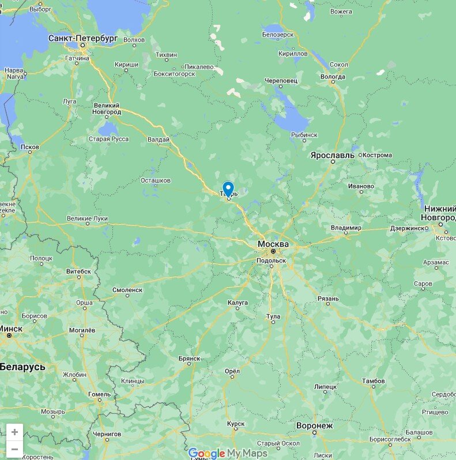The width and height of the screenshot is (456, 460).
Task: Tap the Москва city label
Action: click(x=273, y=244)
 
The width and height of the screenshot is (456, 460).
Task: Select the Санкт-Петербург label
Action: click(x=83, y=37)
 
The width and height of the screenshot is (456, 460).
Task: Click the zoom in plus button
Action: click(x=14, y=432)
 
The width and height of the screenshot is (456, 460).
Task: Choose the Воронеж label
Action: click(x=314, y=425)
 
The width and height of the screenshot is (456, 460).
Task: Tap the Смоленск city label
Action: click(x=127, y=290)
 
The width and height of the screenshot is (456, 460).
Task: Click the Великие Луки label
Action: click(x=87, y=218)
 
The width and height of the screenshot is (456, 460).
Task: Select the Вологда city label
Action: click(x=333, y=77)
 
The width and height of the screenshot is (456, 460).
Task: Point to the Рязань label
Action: click(x=328, y=299)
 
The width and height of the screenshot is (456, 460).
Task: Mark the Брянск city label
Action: click(x=189, y=359)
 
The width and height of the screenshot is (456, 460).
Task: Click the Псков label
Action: click(x=30, y=147)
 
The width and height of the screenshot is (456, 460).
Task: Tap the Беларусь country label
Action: click(x=22, y=367)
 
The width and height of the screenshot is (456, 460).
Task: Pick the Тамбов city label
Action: click(x=373, y=381)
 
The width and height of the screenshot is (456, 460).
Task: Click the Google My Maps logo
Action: click(x=228, y=453)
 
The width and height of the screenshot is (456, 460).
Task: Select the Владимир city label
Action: click(x=346, y=228)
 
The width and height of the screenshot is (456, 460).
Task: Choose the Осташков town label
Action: click(x=156, y=180)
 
